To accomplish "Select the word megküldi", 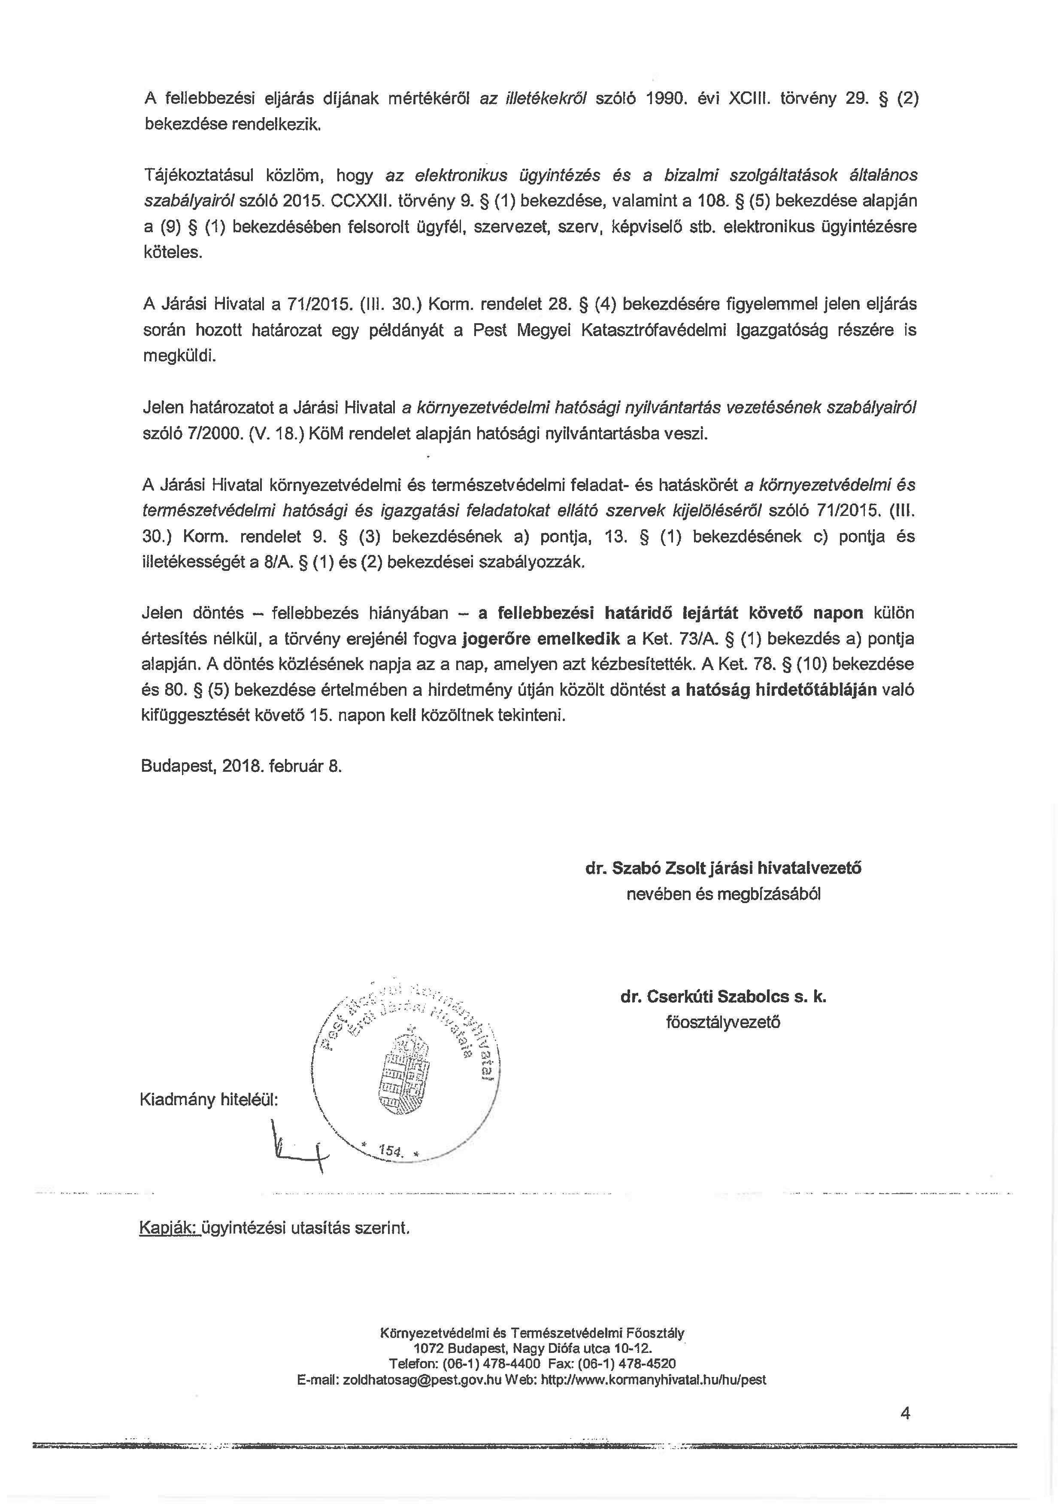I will tap(179, 356).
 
